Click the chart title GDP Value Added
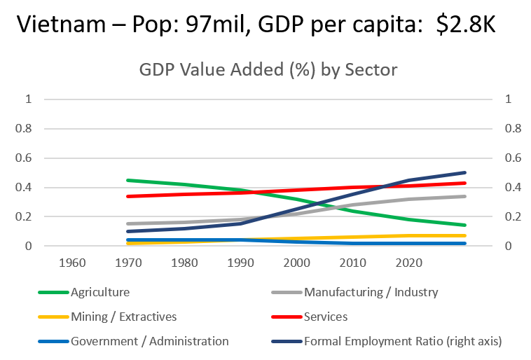[x=268, y=69]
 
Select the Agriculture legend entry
[x=100, y=292]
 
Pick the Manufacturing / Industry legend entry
[x=371, y=292]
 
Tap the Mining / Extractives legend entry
[x=123, y=317]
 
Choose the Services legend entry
[x=325, y=317]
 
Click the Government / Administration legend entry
[x=149, y=341]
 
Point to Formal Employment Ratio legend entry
[x=403, y=341]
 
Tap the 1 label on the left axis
[x=29, y=99]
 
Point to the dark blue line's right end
[x=464, y=172]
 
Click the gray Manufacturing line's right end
[x=464, y=196]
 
